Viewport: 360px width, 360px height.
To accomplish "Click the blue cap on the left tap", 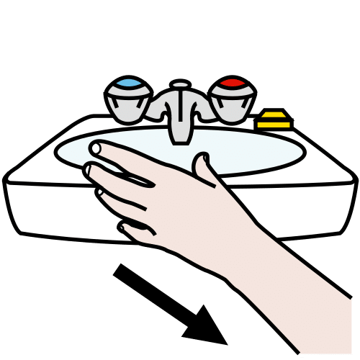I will click(129, 86).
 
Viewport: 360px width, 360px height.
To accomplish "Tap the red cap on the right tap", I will click(232, 85).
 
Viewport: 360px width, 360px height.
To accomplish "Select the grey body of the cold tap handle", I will click(128, 103).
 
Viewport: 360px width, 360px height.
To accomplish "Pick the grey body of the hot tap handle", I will click(232, 102).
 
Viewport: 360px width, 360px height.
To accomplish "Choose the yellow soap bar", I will click(275, 119).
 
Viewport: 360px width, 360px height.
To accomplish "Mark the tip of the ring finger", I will click(96, 192).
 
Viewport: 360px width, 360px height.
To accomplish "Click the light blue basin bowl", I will click(266, 151).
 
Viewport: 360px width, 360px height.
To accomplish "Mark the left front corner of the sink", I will click(14, 216).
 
